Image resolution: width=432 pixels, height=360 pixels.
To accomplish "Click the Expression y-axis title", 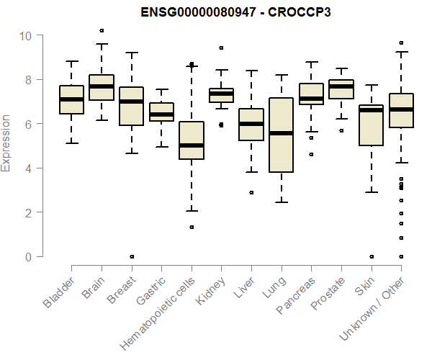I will coord(6,143).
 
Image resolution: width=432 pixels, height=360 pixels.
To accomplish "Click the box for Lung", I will coord(282,135).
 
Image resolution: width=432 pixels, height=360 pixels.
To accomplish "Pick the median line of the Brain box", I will coord(102,86).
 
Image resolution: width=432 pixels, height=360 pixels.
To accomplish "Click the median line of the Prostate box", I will coord(341,86).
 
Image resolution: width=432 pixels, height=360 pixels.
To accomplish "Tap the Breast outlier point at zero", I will coord(132,256).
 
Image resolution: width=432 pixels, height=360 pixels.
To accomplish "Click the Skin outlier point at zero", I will coord(372,256).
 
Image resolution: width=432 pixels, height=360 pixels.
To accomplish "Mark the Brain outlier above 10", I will coord(102,30).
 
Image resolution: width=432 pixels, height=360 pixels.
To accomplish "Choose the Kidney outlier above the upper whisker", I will coord(222,48).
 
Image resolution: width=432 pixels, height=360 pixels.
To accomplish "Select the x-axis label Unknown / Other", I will coord(374,306).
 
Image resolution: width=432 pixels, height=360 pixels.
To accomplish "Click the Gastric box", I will coord(161,112).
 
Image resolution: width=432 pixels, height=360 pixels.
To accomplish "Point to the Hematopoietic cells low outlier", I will coord(192,227).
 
